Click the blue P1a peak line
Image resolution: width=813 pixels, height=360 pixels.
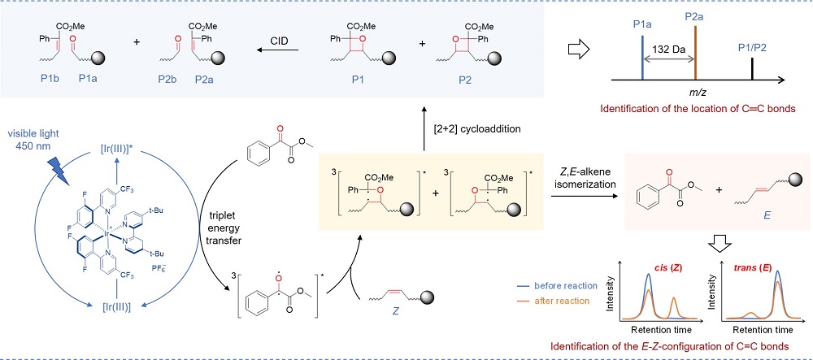(642, 58)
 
